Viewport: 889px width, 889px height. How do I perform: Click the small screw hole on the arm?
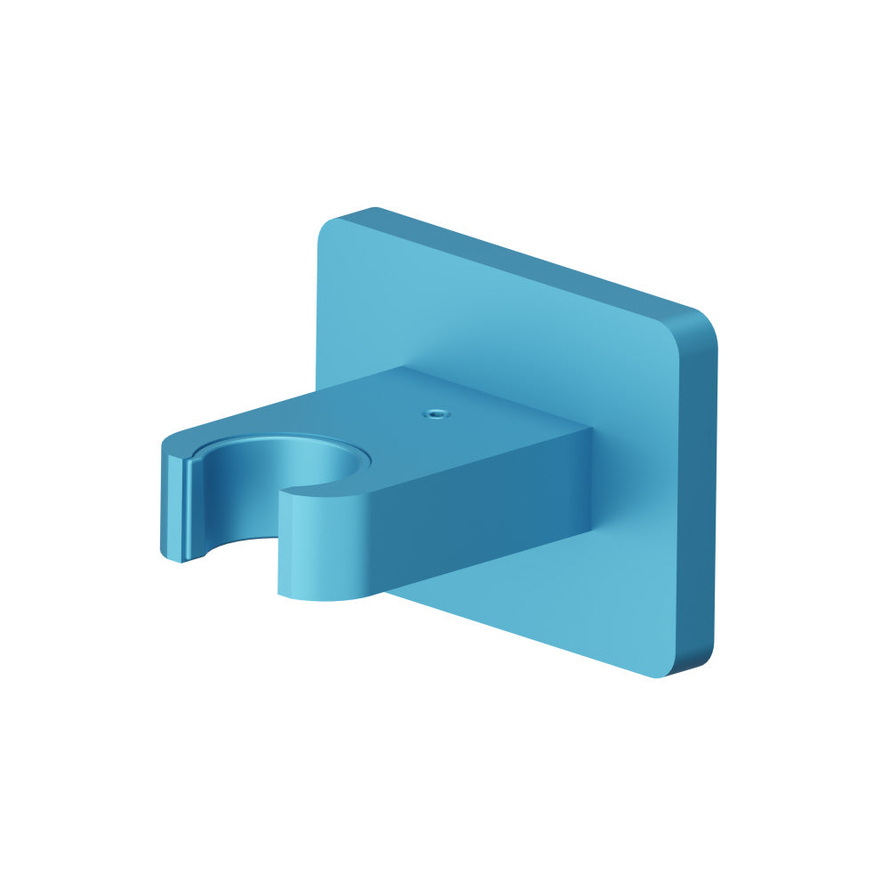point(435,413)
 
